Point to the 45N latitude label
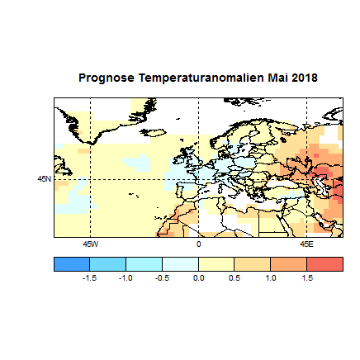[44, 178]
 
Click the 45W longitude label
[90, 244]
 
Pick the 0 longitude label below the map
[198, 244]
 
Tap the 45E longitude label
[306, 244]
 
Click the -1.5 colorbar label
[89, 279]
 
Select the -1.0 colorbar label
[126, 279]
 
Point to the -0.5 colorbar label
[162, 279]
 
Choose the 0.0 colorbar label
[198, 279]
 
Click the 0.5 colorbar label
[234, 279]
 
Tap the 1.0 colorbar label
[271, 279]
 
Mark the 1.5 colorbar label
[307, 279]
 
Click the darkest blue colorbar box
[72, 263]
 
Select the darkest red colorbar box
[324, 263]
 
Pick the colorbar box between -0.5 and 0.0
[180, 263]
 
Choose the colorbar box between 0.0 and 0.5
[216, 263]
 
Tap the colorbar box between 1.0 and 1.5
[289, 263]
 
